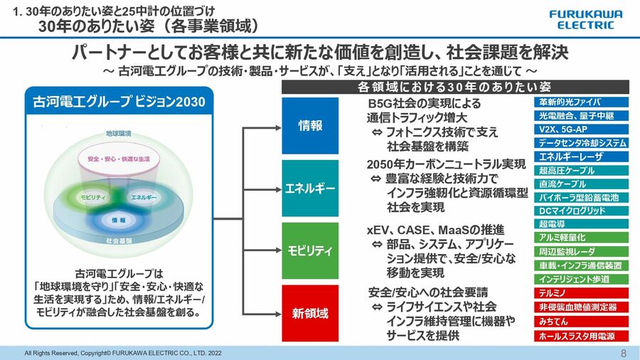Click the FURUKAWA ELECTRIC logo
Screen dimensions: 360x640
click(x=585, y=19)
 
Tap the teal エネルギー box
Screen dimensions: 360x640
click(x=310, y=189)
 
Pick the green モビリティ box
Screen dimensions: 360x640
click(x=310, y=250)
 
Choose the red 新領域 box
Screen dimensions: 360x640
click(x=310, y=313)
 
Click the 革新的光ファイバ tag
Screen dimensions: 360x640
click(x=582, y=102)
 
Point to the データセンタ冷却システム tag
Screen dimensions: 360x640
click(x=582, y=142)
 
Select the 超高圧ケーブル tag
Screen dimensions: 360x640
click(x=582, y=170)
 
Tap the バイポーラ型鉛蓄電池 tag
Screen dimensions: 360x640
click(x=582, y=197)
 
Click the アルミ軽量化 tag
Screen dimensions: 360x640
click(x=582, y=238)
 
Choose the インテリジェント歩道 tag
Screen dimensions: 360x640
click(x=582, y=279)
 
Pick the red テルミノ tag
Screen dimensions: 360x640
click(x=582, y=293)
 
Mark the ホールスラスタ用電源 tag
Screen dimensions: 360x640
click(x=582, y=336)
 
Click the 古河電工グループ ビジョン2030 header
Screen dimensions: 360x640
click(x=119, y=102)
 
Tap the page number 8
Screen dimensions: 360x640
click(x=624, y=353)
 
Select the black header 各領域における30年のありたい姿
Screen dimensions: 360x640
click(x=454, y=87)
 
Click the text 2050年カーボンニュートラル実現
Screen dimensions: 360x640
click(x=446, y=164)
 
